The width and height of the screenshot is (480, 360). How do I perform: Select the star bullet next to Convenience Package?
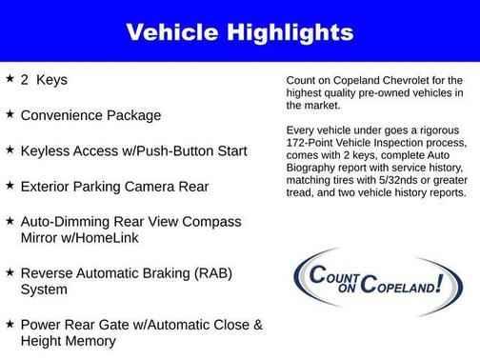click(10, 114)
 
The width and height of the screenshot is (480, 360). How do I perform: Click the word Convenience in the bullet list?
click(65, 115)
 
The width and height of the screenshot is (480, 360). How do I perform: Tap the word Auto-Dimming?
click(68, 221)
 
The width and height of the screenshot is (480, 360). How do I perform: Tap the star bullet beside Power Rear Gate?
click(10, 324)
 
